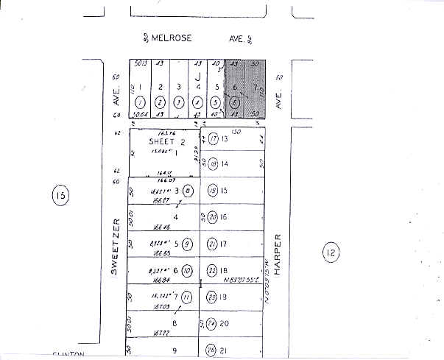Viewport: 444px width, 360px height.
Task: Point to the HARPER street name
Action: coord(278,254)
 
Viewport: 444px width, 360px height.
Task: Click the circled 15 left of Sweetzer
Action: coord(60,195)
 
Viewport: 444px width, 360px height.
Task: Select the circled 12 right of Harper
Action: coord(329,254)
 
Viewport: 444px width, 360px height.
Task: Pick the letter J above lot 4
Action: coord(198,76)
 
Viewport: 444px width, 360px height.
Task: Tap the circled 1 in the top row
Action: coord(141,102)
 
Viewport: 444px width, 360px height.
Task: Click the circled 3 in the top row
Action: coord(179,102)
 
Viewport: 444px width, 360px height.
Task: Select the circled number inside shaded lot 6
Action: coord(234,102)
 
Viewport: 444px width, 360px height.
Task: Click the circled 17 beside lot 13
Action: coord(212,138)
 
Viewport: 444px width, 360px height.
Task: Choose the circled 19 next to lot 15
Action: coord(212,191)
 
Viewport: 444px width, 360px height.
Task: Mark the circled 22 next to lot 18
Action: coord(212,269)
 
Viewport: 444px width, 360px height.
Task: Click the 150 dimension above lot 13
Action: coord(236,131)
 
